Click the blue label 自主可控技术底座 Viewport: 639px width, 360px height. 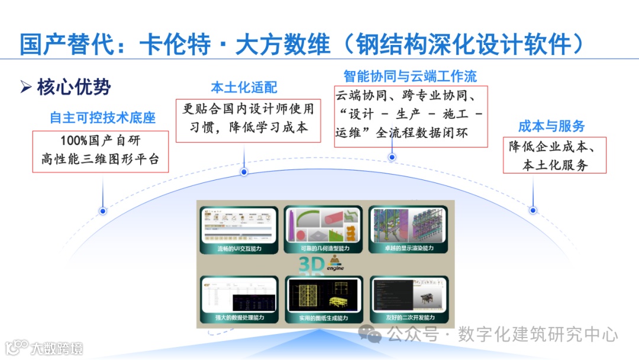point(102,118)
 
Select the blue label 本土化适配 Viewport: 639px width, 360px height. point(244,88)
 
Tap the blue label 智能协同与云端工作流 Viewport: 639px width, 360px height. point(410,76)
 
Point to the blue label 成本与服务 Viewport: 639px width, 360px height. point(551,126)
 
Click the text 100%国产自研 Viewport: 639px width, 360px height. point(101,141)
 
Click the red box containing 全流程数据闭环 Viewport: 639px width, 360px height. point(410,116)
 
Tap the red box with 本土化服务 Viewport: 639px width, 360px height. point(554,156)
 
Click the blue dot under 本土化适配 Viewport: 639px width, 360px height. point(244,172)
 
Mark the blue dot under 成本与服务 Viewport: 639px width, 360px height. point(533,210)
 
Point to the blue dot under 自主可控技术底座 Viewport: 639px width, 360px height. point(103,211)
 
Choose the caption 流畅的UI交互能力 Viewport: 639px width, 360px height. point(239,249)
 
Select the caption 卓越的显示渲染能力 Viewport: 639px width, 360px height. point(408,249)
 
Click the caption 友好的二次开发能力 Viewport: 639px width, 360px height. point(408,318)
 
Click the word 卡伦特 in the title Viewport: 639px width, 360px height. point(175,44)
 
